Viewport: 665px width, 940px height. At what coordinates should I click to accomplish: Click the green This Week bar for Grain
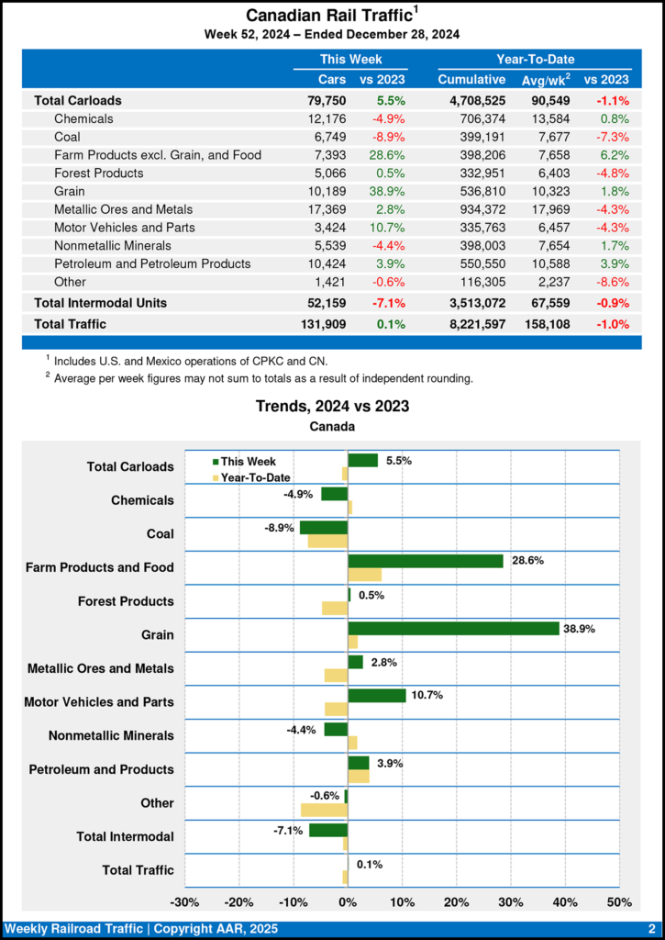(453, 629)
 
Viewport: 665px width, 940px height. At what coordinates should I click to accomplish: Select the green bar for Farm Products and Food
(426, 561)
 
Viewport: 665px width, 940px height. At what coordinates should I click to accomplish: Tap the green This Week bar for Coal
(324, 528)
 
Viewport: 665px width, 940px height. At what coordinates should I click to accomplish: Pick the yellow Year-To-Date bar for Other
(324, 810)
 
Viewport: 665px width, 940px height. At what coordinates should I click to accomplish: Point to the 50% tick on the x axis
(619, 902)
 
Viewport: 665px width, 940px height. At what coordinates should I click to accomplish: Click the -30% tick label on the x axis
(185, 902)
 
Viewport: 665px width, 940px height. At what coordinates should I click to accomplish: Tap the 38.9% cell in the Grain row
(387, 191)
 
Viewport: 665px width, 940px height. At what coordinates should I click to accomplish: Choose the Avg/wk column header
(546, 80)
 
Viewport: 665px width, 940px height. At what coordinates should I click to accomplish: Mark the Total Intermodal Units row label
(100, 302)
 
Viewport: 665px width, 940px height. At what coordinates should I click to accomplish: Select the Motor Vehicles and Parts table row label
(125, 228)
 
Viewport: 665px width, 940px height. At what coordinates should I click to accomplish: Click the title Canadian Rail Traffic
(326, 16)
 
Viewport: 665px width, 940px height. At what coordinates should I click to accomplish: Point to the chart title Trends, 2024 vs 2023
(332, 406)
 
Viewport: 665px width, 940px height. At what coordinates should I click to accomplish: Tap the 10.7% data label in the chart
(427, 695)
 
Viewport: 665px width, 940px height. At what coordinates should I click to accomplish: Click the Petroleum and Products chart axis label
(101, 769)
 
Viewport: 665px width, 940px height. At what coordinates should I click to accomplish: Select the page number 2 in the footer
(650, 928)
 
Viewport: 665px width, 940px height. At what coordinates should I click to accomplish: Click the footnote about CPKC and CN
(180, 360)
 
